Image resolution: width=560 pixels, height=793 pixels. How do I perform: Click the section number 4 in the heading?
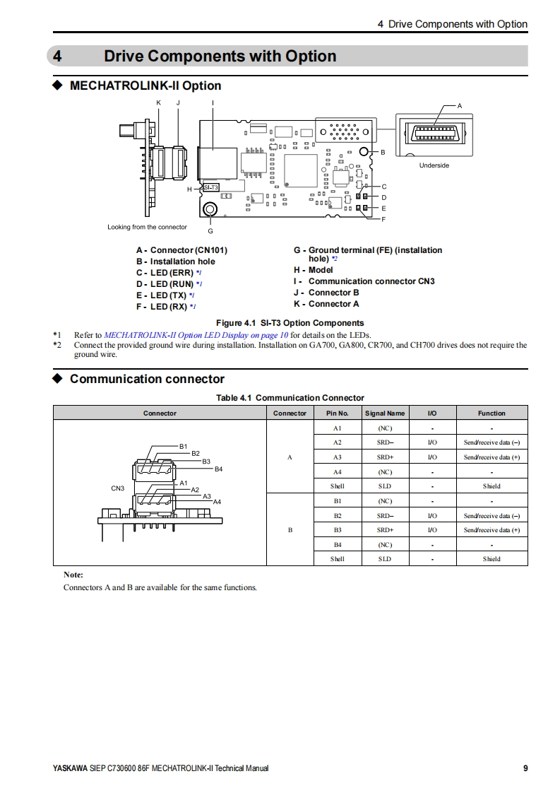[x=59, y=57]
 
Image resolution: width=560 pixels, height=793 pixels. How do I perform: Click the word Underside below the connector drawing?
[x=434, y=165]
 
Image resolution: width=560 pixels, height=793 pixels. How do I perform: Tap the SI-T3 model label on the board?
[x=210, y=187]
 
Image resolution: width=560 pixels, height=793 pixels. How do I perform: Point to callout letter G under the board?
[x=210, y=231]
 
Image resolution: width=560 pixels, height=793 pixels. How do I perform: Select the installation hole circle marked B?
[x=364, y=152]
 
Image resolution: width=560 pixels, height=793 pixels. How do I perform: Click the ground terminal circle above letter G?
[x=210, y=209]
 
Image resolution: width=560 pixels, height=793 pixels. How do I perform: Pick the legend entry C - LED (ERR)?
[x=167, y=273]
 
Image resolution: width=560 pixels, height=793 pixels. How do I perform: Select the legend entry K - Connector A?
[x=326, y=304]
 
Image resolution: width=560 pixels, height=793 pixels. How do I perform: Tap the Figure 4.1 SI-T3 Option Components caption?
[x=290, y=323]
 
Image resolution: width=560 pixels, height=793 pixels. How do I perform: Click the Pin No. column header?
[x=337, y=413]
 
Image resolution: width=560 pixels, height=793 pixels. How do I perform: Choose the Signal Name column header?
[x=384, y=413]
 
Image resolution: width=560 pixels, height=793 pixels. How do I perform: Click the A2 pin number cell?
[x=337, y=442]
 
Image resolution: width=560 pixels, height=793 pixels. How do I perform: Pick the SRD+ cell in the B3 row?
[x=384, y=530]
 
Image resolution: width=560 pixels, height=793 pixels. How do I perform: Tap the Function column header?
[x=492, y=413]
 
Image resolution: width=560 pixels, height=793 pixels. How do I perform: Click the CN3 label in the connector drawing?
[x=118, y=488]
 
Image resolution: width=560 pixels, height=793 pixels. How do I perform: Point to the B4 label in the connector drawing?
[x=218, y=469]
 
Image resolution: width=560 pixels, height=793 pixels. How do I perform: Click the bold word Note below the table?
[x=73, y=575]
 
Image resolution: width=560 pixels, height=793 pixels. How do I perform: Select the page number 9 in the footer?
[x=525, y=768]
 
